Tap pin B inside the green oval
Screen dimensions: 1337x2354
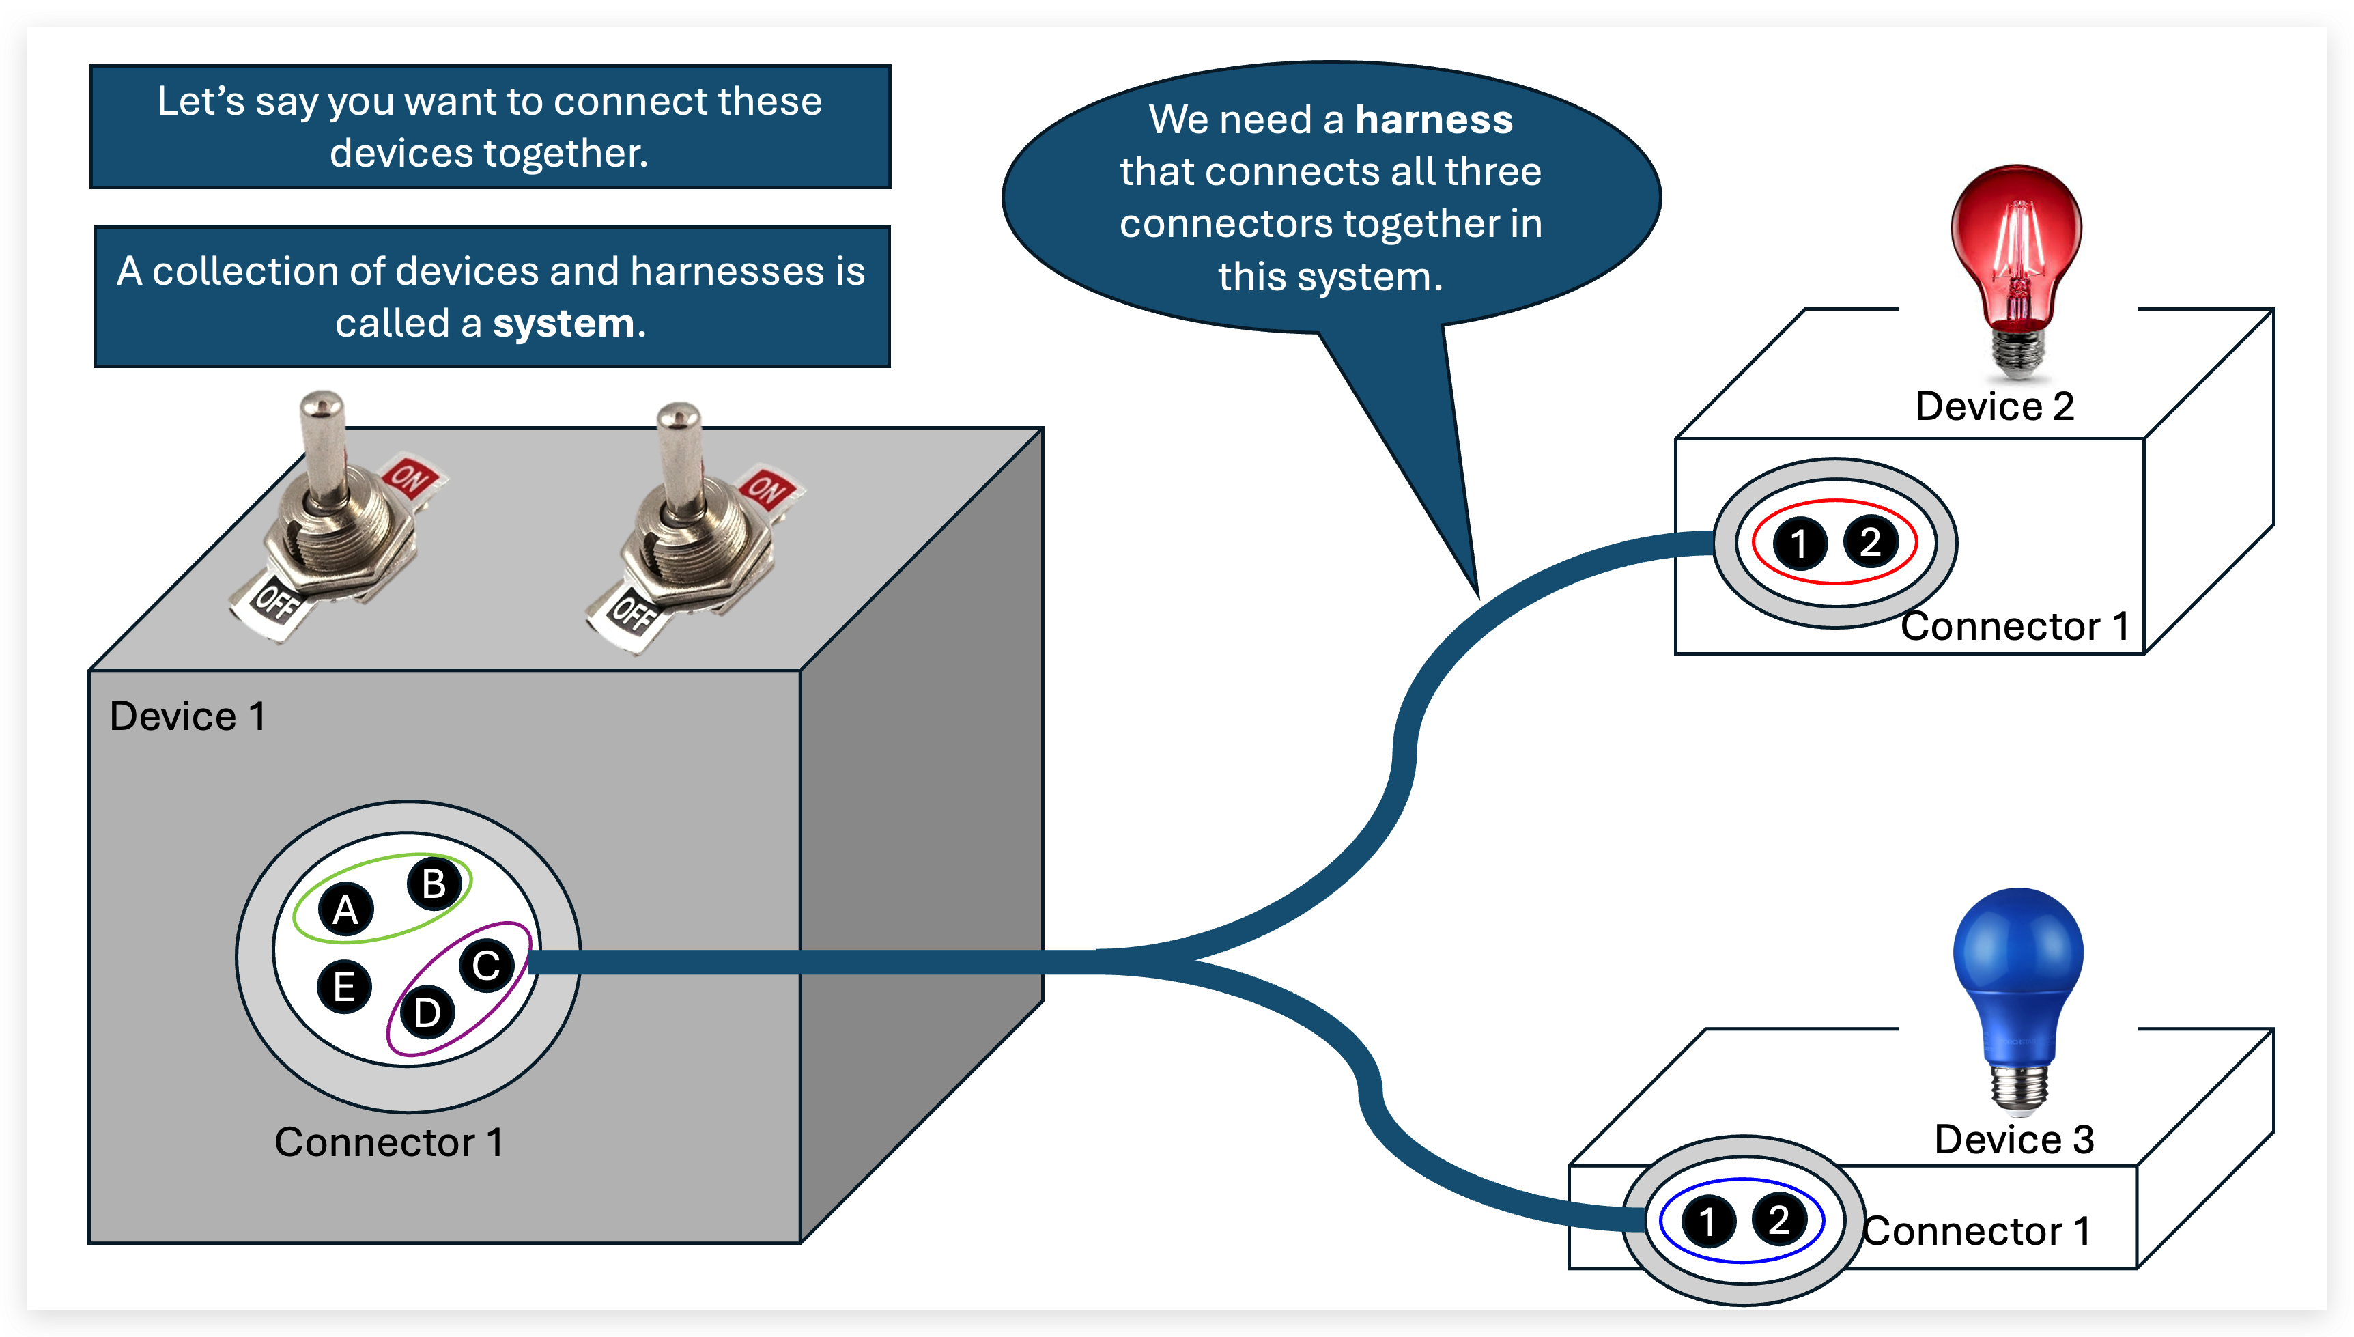tap(434, 884)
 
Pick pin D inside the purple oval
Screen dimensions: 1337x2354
tap(427, 1013)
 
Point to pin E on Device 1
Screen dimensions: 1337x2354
tap(344, 987)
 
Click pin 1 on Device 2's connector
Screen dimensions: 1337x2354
tap(1800, 543)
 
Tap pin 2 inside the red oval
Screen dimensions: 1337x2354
tap(1870, 541)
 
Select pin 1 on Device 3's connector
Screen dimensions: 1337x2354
tap(1707, 1222)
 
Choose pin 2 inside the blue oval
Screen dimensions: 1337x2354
tap(1779, 1220)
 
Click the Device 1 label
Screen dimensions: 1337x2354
tap(187, 716)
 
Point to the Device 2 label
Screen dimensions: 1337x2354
tap(1994, 406)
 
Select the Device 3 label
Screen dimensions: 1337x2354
tap(2013, 1140)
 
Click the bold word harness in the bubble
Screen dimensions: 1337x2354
tap(1433, 120)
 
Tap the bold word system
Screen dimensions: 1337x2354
tap(564, 323)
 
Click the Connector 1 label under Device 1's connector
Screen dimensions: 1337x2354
tap(388, 1142)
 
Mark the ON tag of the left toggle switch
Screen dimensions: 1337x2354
tap(410, 477)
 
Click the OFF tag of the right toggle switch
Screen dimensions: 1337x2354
tap(632, 613)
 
